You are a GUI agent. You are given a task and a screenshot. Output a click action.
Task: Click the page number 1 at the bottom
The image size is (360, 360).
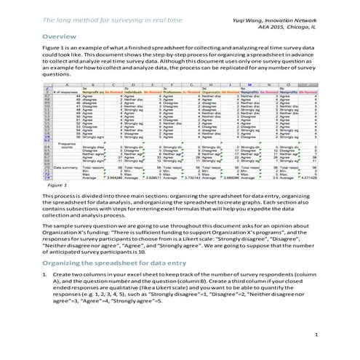(x=317, y=334)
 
